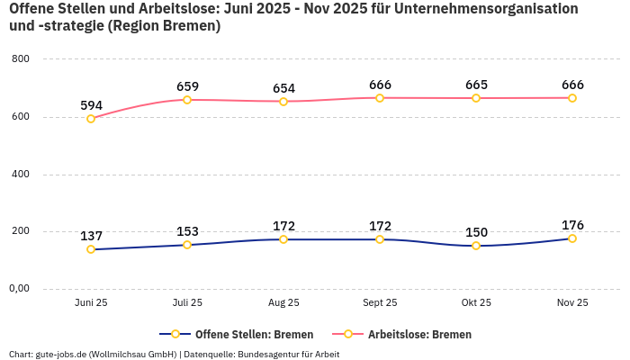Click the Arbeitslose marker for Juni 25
point(91,119)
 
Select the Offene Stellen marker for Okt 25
point(476,246)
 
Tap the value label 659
point(187,86)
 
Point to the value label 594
point(91,105)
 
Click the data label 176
point(572,225)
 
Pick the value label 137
point(91,236)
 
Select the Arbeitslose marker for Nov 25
point(572,98)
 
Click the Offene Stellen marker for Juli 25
point(187,245)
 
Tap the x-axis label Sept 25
point(380,303)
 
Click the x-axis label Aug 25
point(283,303)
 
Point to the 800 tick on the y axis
point(21,59)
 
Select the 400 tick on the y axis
point(21,174)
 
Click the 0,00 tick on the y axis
point(19,289)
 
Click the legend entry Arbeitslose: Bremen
point(419,334)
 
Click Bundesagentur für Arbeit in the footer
point(288,354)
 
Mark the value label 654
point(283,88)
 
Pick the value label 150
point(476,232)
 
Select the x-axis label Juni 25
point(91,303)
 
